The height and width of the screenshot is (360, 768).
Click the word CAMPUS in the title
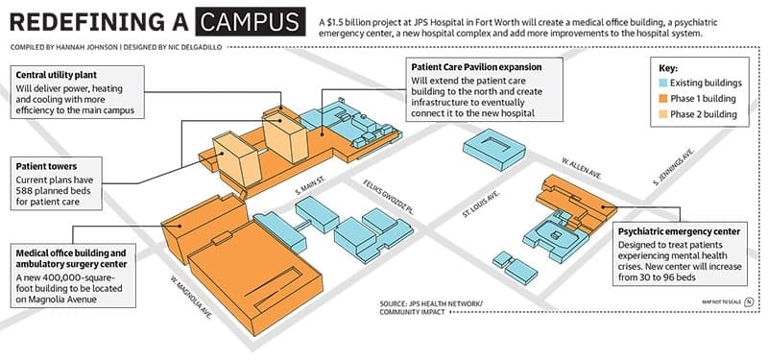(x=250, y=21)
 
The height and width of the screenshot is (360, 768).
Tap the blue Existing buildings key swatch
(x=661, y=83)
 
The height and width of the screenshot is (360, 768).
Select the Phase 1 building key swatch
(x=661, y=99)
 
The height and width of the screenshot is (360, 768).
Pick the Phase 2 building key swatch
(x=661, y=114)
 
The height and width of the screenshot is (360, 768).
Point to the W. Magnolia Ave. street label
(x=191, y=298)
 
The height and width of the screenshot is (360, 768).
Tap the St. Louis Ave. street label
(x=481, y=204)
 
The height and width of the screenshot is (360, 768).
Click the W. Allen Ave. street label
(x=582, y=169)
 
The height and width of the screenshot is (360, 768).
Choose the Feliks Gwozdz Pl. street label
(x=389, y=198)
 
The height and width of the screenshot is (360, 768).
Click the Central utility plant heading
(x=57, y=75)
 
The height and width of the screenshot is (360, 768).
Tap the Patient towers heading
(x=46, y=166)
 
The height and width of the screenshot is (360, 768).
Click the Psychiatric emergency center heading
(x=680, y=231)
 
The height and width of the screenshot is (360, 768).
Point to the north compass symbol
(x=749, y=301)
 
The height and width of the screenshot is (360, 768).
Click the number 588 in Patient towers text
(x=25, y=190)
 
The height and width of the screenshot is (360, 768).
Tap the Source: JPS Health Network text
(x=431, y=303)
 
